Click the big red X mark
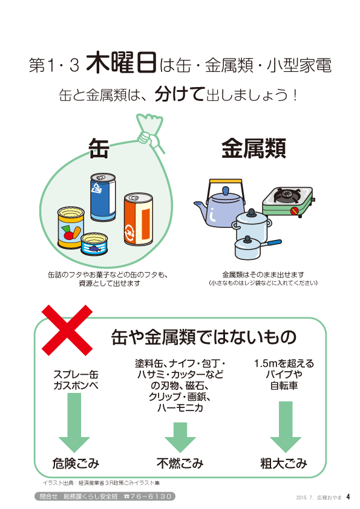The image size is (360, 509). [67, 330]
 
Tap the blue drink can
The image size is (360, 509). [103, 197]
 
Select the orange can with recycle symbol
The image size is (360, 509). [139, 219]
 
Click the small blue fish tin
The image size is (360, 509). [94, 244]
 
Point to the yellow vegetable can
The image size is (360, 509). [71, 227]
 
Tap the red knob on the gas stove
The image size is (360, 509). [295, 210]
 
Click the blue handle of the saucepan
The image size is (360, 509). [272, 243]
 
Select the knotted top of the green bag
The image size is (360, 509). [150, 131]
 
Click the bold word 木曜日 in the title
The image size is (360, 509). [122, 62]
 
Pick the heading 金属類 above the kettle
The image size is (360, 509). [254, 148]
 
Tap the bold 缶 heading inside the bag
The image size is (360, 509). [99, 148]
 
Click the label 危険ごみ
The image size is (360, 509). [76, 463]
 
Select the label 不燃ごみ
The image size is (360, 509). [180, 463]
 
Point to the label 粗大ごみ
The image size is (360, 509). [284, 463]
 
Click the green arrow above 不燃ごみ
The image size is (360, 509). [180, 437]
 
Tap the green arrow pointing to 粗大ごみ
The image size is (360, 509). [286, 427]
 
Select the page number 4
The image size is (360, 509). [349, 497]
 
